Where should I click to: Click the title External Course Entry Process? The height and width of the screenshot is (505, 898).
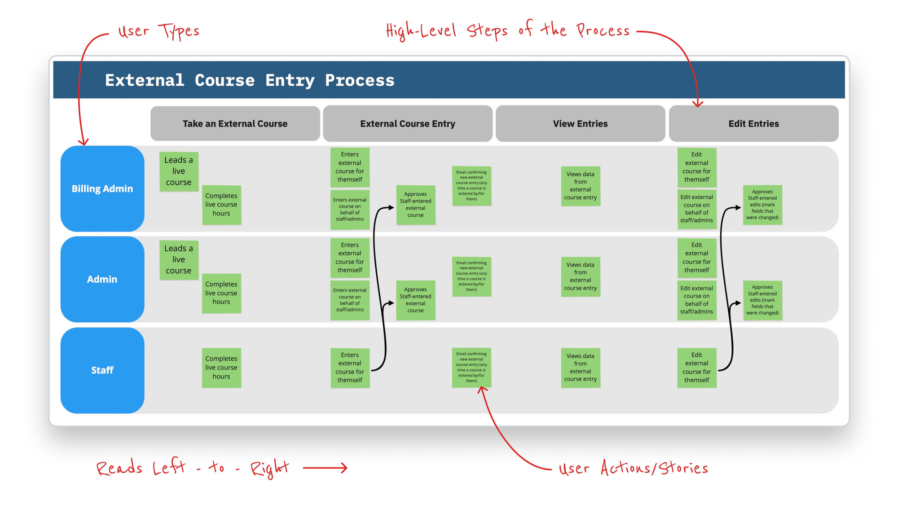coord(250,80)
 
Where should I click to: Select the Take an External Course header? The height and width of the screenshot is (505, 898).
coord(235,123)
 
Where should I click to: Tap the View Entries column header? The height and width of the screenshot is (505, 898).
coord(580,123)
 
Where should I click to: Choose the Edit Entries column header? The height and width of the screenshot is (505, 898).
coord(753,123)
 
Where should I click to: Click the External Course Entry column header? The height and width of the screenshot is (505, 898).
coord(408,123)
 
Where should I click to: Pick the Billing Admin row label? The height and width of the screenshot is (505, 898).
coord(102,189)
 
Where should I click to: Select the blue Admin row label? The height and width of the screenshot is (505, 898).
coord(102,279)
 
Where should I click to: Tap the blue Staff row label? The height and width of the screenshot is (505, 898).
coord(102,370)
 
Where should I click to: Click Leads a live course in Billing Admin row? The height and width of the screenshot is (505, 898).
coord(179,171)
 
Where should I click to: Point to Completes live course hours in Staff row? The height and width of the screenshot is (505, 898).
coord(221,368)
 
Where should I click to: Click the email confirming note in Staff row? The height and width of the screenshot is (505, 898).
coord(471,367)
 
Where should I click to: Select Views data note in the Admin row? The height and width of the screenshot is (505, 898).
coord(581,277)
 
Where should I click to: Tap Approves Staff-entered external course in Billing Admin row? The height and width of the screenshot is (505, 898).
coord(416,205)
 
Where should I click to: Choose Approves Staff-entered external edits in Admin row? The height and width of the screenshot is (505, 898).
coord(762,300)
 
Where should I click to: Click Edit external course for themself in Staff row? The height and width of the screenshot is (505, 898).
coord(697,368)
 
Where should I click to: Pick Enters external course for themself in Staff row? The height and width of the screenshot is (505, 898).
coord(350,368)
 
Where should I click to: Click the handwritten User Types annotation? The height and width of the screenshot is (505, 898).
coord(158,31)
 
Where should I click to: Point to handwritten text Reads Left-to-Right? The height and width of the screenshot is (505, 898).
coord(193,468)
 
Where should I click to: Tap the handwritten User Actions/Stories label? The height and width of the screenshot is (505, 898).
coord(633,468)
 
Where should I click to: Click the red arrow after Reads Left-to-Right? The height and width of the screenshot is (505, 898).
coord(325,468)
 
